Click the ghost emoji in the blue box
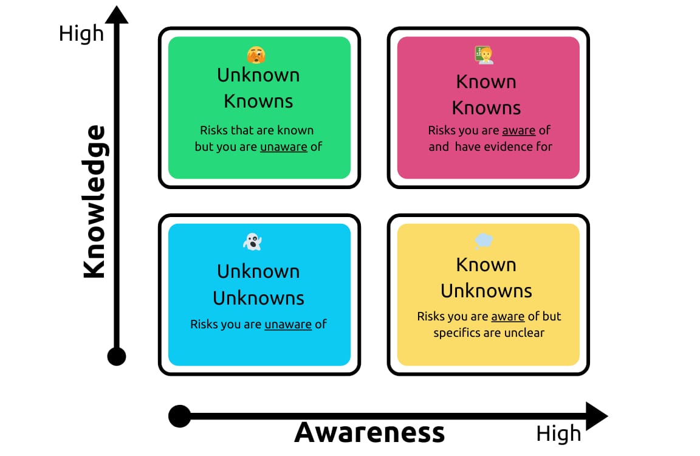(252, 242)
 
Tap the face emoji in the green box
(256, 55)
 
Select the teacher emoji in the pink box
(484, 55)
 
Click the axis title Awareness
(369, 432)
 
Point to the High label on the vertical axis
(81, 33)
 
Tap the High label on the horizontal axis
(558, 434)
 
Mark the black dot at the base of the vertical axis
(117, 356)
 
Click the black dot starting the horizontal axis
(179, 416)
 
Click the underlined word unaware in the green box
(283, 147)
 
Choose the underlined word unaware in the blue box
(288, 324)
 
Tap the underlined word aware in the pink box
(518, 130)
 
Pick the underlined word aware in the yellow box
(507, 316)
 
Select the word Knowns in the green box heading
(258, 101)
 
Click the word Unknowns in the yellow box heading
(486, 291)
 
